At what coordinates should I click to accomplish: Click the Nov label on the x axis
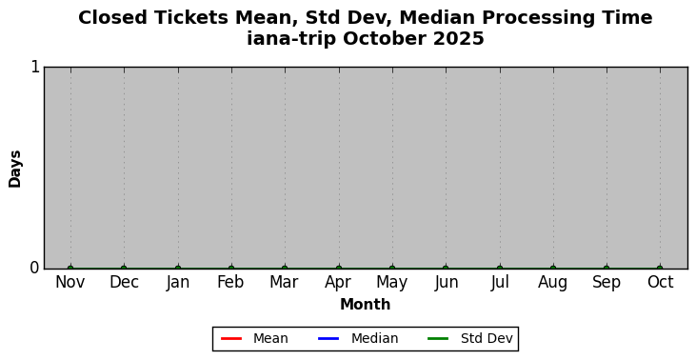(70, 282)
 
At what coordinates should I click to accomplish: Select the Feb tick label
(230, 282)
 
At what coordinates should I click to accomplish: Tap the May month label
(392, 283)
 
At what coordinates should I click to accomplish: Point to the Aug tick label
(552, 283)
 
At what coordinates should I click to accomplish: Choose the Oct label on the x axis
(661, 282)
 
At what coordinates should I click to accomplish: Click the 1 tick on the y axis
(35, 67)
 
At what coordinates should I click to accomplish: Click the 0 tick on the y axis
(35, 269)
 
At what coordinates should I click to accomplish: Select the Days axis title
(14, 169)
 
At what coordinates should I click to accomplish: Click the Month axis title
(366, 305)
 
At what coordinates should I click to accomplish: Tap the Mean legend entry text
(270, 338)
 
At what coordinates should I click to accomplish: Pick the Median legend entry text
(374, 338)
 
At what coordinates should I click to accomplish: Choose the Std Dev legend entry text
(487, 338)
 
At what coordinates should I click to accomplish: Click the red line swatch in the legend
(231, 339)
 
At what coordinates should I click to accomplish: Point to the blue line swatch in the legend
(328, 339)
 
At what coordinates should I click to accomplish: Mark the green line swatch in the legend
(438, 339)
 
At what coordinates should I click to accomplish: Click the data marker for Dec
(124, 269)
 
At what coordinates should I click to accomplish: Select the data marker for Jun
(446, 269)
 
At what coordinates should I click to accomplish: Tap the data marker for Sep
(607, 269)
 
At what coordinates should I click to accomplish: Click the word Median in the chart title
(437, 18)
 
